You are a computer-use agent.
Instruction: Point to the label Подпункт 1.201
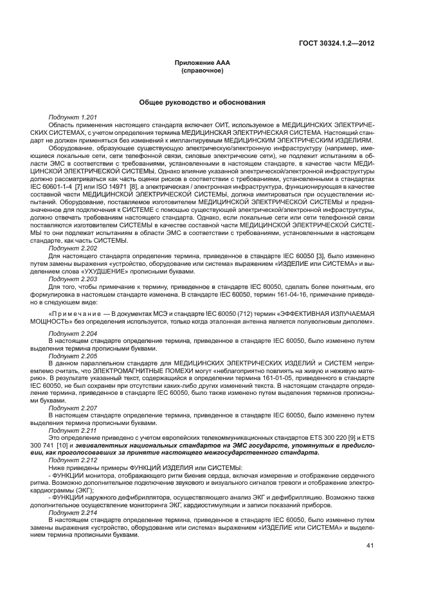pyautogui.click(x=73, y=118)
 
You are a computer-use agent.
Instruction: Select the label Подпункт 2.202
pyautogui.click(x=73, y=248)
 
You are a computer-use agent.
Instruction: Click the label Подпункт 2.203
pyautogui.click(x=73, y=280)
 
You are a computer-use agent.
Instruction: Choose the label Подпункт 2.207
pyautogui.click(x=73, y=408)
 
